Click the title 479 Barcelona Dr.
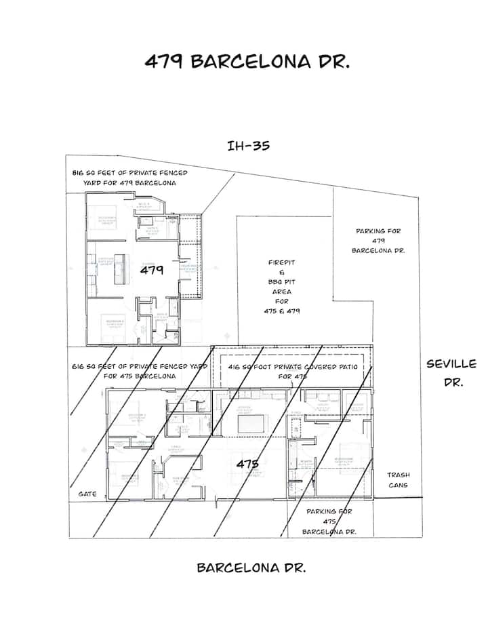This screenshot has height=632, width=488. click(247, 62)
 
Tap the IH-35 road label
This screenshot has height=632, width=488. click(249, 145)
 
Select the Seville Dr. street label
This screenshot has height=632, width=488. click(451, 373)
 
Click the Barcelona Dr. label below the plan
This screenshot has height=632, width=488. click(251, 568)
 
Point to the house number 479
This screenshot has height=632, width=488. click(152, 270)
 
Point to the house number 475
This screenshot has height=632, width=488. click(247, 464)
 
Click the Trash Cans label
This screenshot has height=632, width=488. click(399, 480)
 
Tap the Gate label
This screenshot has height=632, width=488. click(87, 494)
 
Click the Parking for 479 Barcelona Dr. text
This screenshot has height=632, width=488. click(379, 241)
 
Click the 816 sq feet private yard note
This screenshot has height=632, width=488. click(129, 178)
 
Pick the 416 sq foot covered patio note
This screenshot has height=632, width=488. click(291, 371)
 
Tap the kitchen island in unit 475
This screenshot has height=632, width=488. click(252, 423)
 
